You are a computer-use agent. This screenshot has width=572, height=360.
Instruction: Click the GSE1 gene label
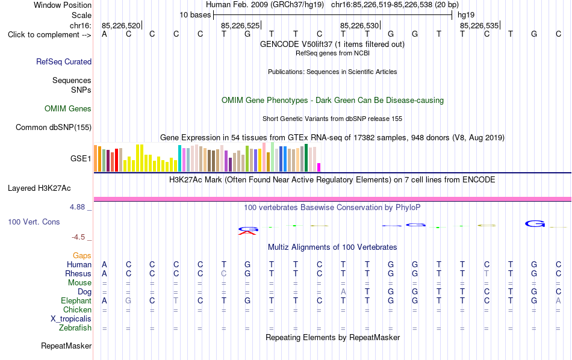pos(81,158)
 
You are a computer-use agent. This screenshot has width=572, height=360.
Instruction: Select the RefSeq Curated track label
pos(64,61)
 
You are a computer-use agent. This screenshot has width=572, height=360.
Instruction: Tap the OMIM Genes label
pos(68,109)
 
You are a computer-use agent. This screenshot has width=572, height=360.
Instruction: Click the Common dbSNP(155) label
pos(54,127)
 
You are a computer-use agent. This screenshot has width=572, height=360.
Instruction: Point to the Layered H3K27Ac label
pos(39,188)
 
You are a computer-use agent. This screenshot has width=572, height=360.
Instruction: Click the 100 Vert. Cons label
pos(34,222)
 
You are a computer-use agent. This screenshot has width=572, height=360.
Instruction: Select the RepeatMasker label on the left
pos(66,346)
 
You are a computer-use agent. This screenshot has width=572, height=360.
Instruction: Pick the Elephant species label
pos(76,301)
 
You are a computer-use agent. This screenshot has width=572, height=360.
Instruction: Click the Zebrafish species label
pos(75,328)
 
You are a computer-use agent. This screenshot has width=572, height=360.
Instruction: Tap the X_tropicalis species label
pos(71,319)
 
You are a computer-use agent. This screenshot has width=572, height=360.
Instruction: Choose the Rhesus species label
pos(78,273)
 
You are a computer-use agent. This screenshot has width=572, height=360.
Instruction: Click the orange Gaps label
pos(82,256)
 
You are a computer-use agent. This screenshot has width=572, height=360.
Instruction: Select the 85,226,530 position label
pos(359,25)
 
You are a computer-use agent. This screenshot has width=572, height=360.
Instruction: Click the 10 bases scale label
pos(195,15)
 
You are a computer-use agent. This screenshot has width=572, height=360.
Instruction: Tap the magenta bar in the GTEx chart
pos(319,167)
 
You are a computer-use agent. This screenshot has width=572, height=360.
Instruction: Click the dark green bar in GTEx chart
pos(306,158)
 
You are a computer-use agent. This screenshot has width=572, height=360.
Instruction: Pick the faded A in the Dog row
pos(343,292)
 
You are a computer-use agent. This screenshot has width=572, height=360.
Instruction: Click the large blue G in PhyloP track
pos(535,223)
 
